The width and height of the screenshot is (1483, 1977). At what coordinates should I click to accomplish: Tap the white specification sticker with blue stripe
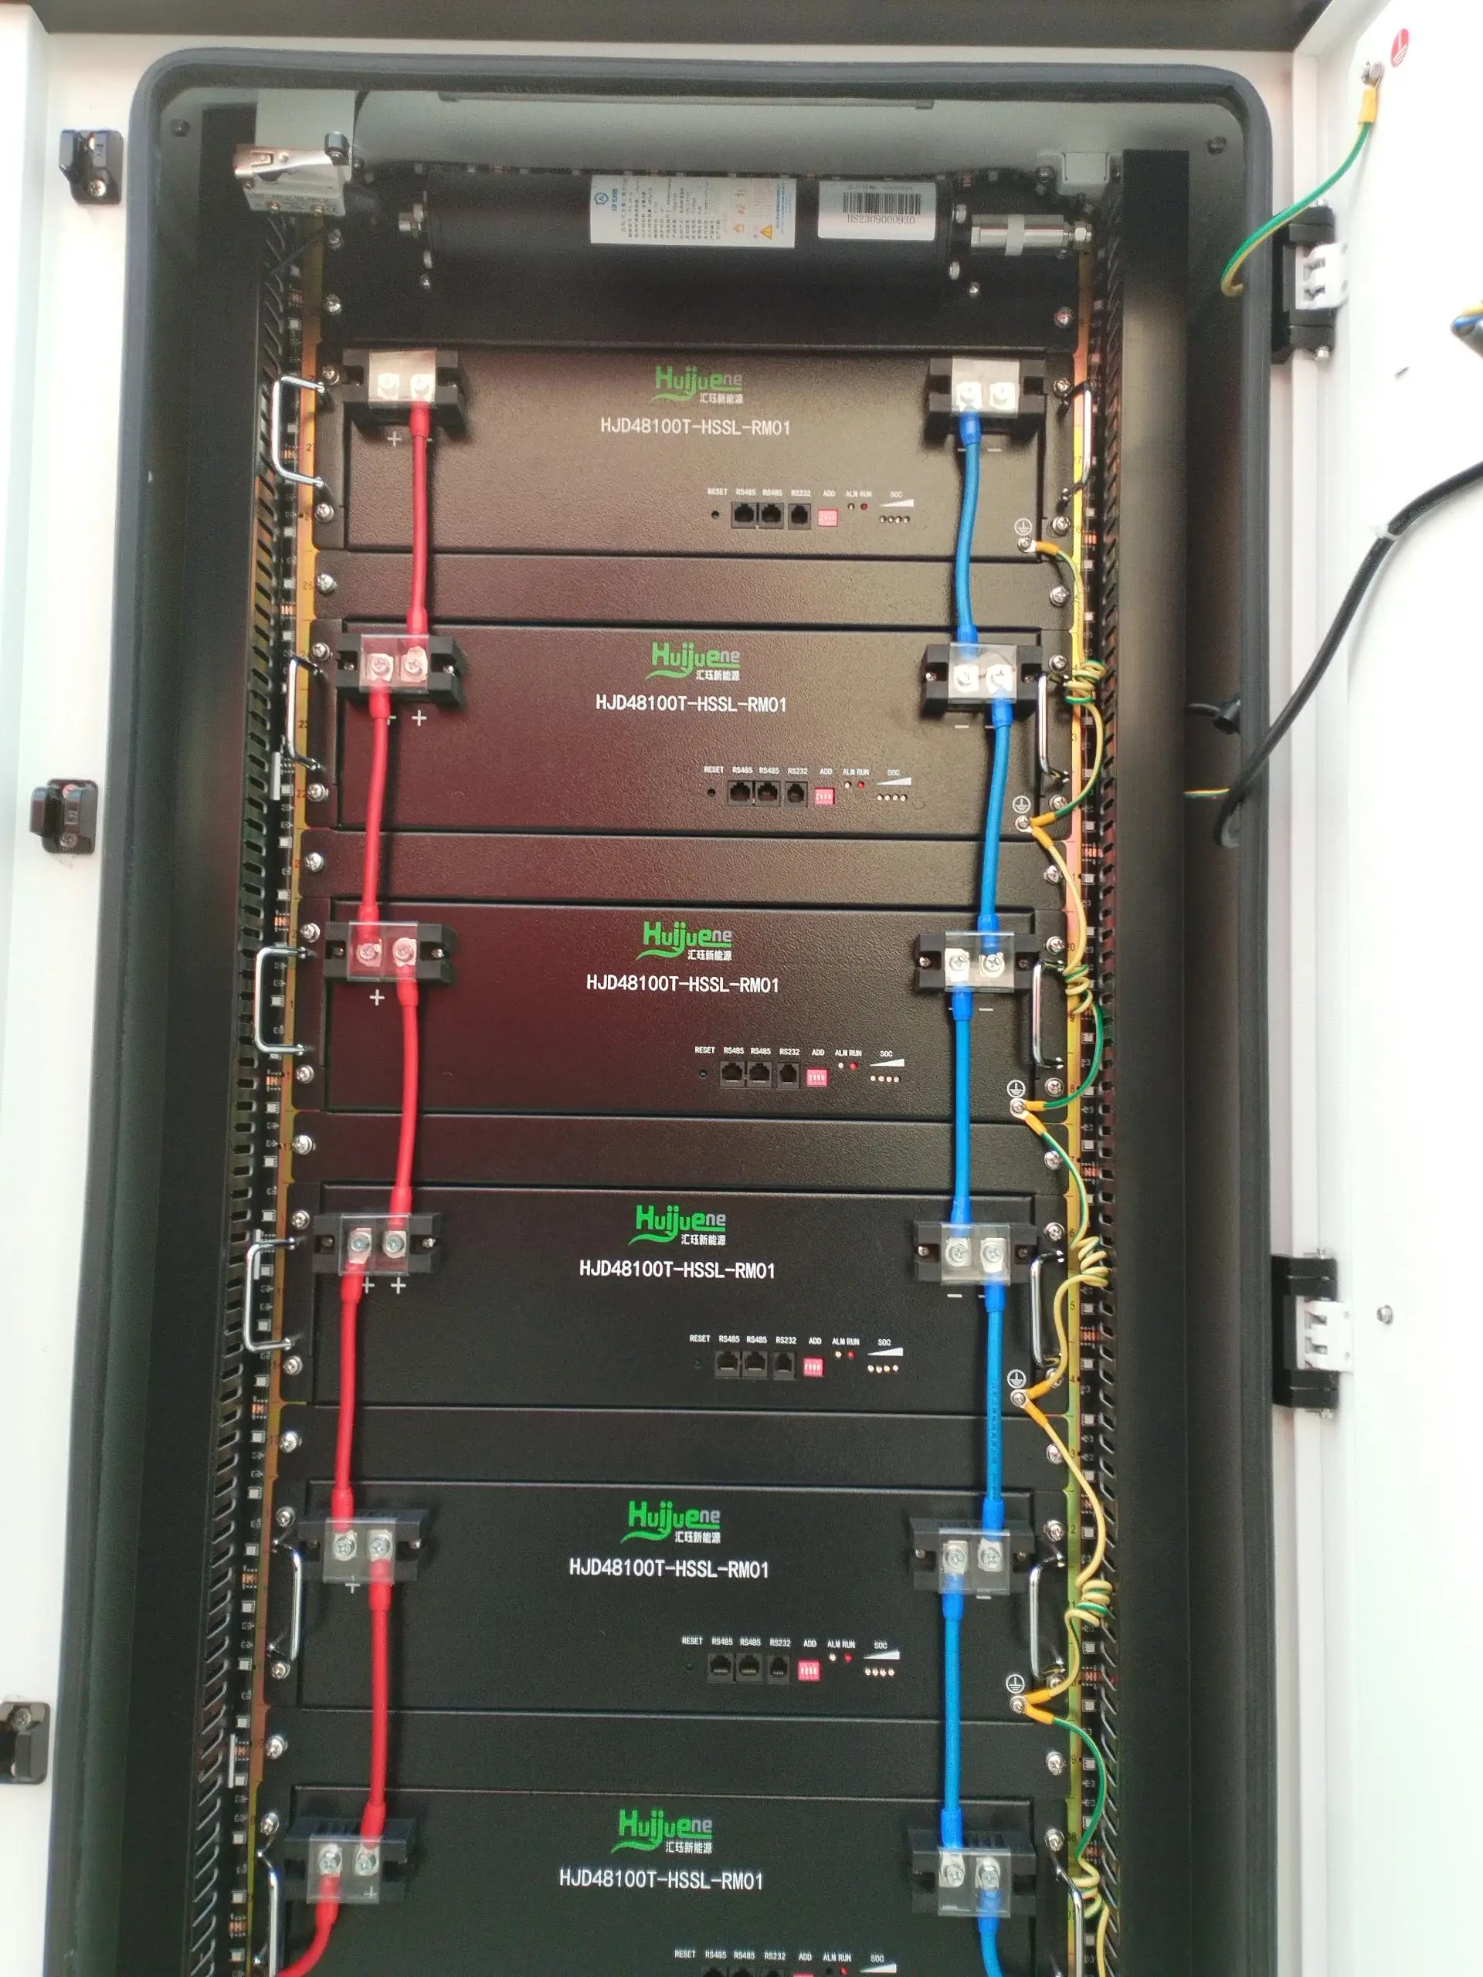click(x=692, y=210)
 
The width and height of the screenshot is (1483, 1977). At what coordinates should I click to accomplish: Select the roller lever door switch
click(x=290, y=171)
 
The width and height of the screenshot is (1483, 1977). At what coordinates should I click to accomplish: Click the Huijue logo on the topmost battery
click(x=697, y=385)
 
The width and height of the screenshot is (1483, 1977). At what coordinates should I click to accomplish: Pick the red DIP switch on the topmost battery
click(x=827, y=517)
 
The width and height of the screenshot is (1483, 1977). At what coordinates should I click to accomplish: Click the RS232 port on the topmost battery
click(x=800, y=515)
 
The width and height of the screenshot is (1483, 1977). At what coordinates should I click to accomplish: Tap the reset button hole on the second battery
click(x=711, y=792)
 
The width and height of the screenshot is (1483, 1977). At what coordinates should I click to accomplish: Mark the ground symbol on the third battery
click(x=1013, y=1086)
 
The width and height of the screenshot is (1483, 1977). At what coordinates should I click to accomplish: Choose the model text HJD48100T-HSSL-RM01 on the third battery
click(x=682, y=984)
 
